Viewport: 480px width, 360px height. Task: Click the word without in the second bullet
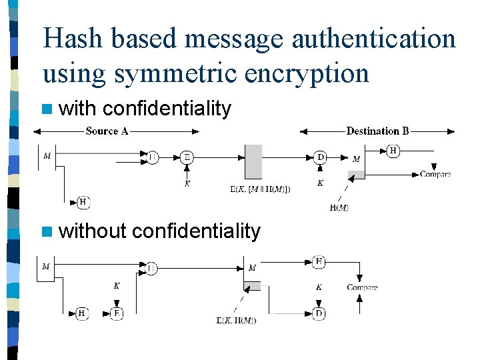click(92, 231)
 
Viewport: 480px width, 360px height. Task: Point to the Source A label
click(107, 131)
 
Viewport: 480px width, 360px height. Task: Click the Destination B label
click(377, 131)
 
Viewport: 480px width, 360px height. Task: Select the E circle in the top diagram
click(187, 157)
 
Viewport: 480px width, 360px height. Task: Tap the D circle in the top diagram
click(321, 157)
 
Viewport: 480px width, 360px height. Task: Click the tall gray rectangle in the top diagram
click(253, 161)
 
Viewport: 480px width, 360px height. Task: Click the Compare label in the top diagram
click(435, 174)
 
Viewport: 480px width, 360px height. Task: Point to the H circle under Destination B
click(393, 151)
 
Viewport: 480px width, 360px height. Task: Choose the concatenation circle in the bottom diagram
click(152, 268)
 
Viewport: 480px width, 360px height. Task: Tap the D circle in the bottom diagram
click(319, 313)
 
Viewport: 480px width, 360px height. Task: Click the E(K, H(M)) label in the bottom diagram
click(237, 320)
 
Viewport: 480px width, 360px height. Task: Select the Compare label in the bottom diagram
click(362, 287)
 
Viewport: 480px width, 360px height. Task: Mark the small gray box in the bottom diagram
click(252, 286)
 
